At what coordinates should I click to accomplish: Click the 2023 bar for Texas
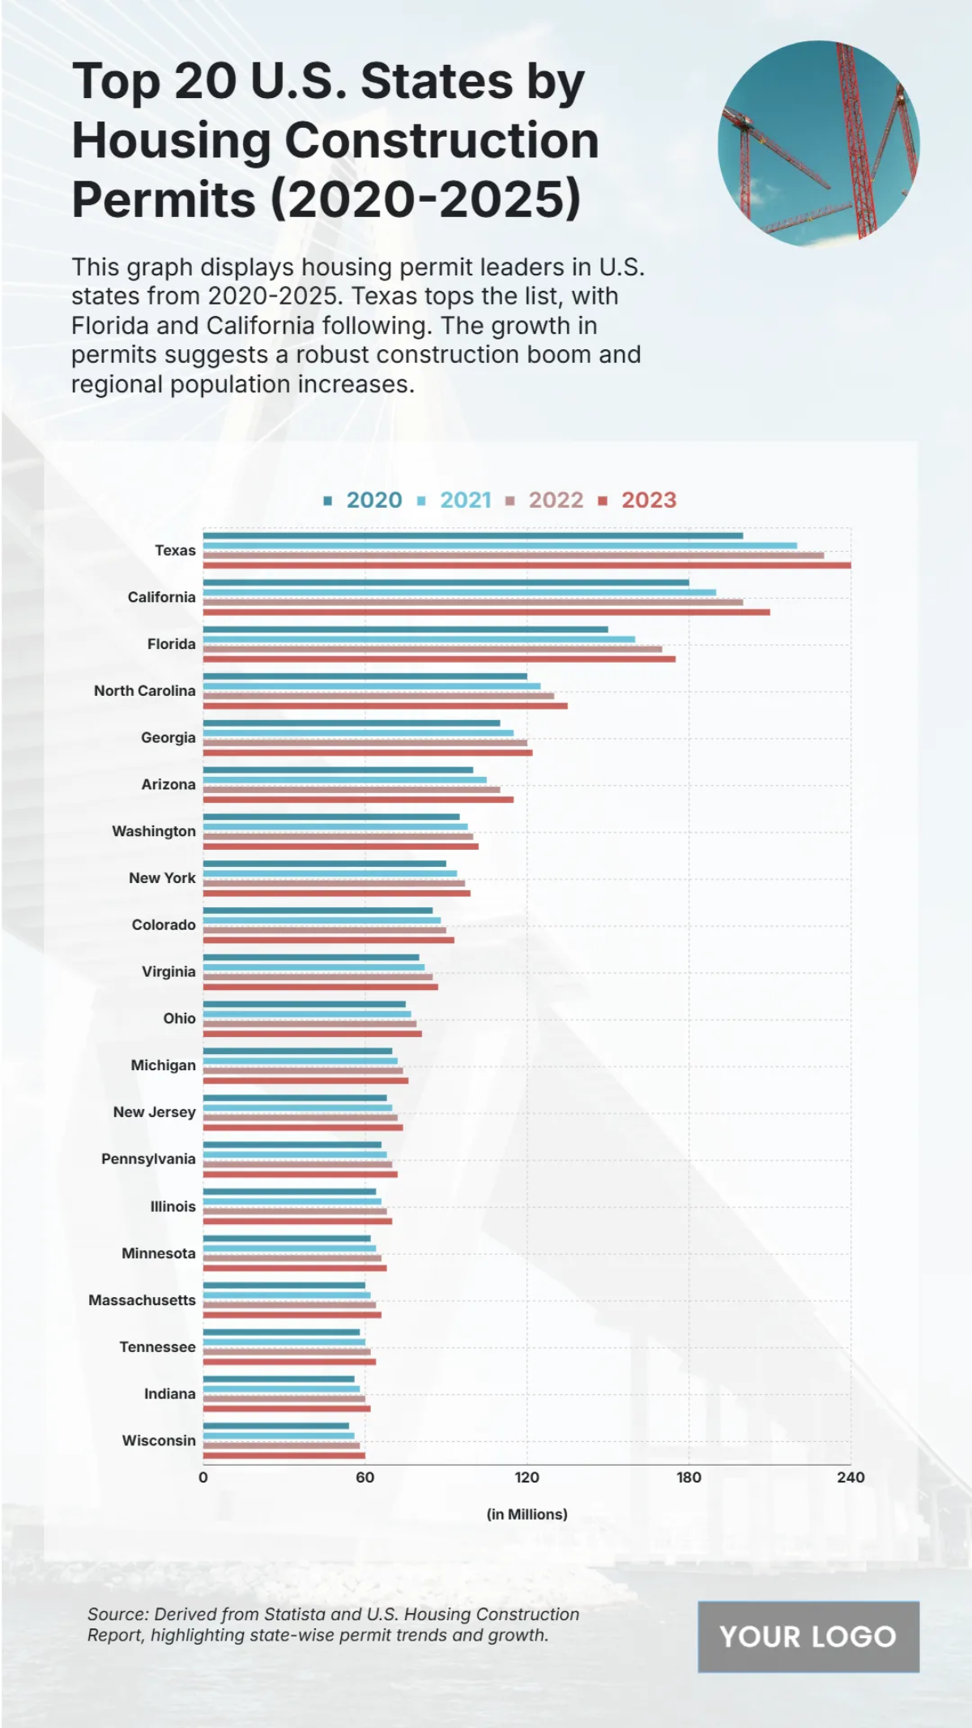(x=526, y=565)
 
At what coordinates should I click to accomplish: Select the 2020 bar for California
(x=446, y=582)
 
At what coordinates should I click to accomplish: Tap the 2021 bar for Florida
(x=419, y=639)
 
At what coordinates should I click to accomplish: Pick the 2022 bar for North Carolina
(x=378, y=696)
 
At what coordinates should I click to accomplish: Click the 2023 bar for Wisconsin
(x=283, y=1455)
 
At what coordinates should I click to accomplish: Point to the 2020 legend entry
(x=373, y=500)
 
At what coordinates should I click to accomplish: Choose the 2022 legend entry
(x=556, y=500)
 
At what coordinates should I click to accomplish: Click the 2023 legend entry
(x=648, y=500)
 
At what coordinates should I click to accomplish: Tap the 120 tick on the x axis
(x=526, y=1477)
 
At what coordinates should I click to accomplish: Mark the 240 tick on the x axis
(x=850, y=1477)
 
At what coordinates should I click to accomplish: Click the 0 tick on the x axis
(x=203, y=1477)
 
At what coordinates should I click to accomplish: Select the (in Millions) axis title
(x=526, y=1514)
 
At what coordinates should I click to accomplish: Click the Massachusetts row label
(x=143, y=1299)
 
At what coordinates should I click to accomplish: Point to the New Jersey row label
(x=155, y=1112)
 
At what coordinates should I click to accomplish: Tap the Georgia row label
(x=168, y=737)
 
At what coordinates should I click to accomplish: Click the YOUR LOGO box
(x=808, y=1636)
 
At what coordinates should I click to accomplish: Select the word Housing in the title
(x=171, y=140)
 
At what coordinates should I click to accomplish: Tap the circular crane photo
(x=818, y=143)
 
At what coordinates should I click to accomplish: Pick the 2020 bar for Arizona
(x=338, y=770)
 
